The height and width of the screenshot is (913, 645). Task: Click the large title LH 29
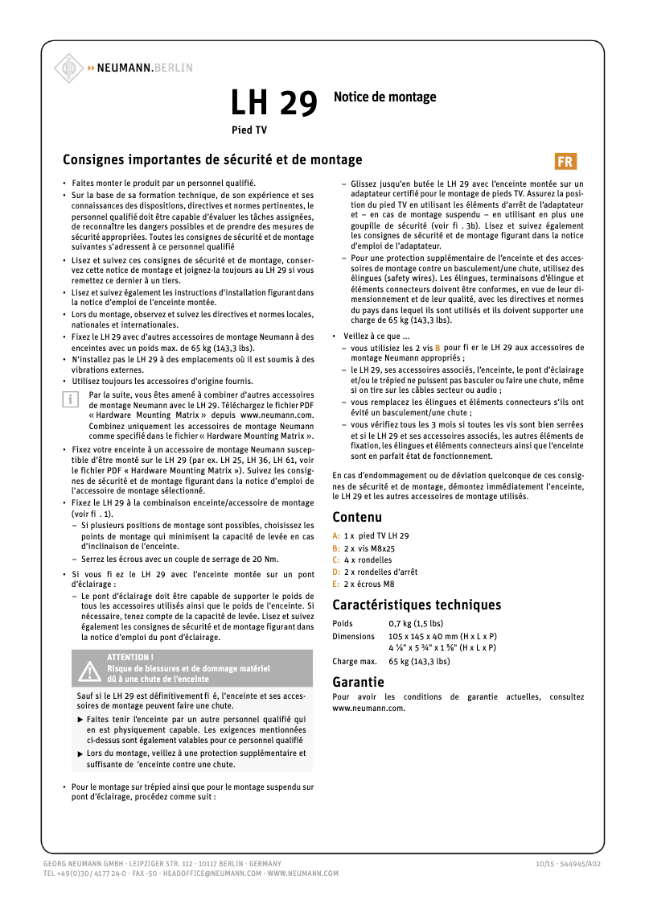tap(274, 103)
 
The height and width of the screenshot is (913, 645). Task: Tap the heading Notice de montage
tap(384, 97)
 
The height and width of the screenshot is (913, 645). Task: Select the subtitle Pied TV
tap(249, 129)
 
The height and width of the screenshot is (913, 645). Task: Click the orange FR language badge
tap(565, 161)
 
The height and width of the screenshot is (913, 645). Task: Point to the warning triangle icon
tap(88, 669)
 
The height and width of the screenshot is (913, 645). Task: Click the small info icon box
tap(70, 399)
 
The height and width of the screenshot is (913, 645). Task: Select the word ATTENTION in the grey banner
tap(130, 658)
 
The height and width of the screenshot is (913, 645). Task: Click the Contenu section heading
tap(357, 517)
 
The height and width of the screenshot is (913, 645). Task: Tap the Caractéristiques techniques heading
tap(417, 605)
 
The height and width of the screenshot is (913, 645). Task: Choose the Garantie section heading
tap(358, 682)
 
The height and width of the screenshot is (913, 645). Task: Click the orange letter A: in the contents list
tap(336, 535)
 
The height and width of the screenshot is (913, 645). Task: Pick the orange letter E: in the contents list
tap(336, 584)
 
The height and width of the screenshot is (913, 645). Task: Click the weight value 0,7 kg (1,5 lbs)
tap(416, 624)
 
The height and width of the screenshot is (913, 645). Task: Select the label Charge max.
tap(355, 661)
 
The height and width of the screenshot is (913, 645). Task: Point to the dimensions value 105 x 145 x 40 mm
tap(442, 636)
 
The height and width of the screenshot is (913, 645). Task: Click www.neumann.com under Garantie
tap(368, 709)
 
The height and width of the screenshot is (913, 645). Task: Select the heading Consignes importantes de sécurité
tap(212, 160)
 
